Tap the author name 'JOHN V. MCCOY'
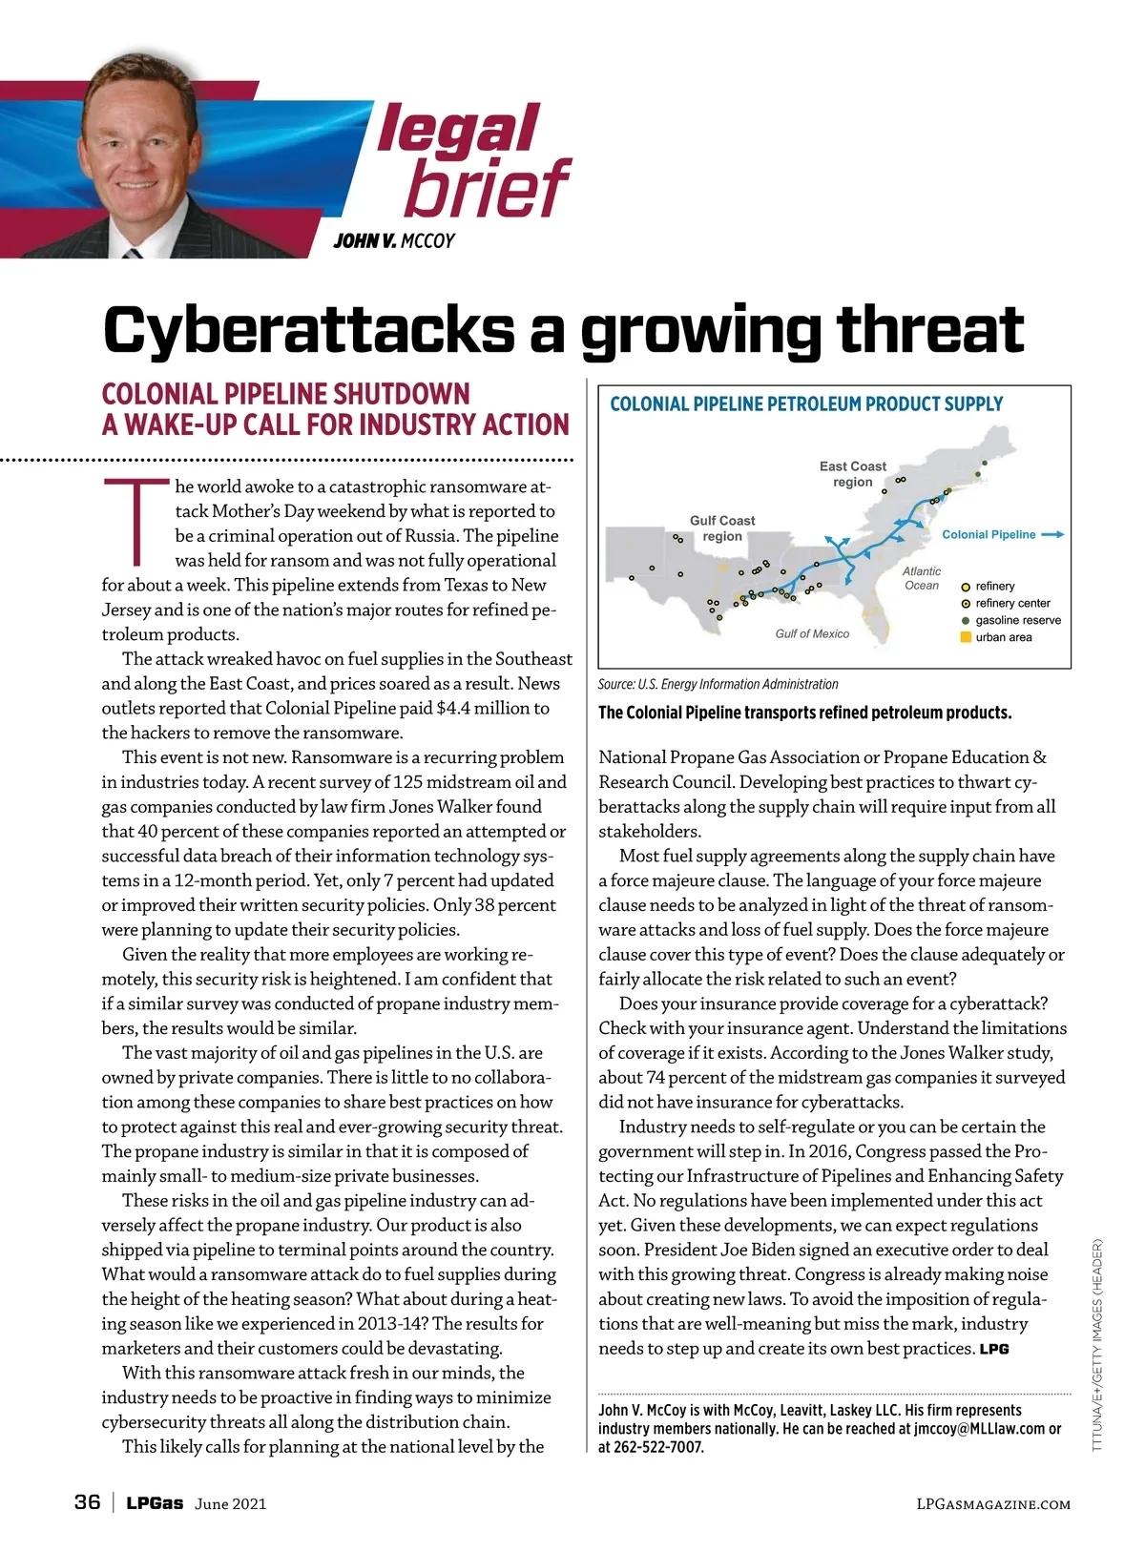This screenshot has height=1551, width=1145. (394, 240)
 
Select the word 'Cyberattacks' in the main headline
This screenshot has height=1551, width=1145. (309, 330)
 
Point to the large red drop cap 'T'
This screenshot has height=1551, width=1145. (136, 520)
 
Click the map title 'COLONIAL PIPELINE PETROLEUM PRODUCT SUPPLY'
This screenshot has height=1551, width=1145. (806, 404)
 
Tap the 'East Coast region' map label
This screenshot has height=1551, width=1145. (852, 474)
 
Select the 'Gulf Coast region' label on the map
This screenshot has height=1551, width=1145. (722, 527)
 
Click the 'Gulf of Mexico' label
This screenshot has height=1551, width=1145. (812, 633)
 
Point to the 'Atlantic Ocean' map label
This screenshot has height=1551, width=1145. (922, 578)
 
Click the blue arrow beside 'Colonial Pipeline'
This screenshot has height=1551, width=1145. (1052, 535)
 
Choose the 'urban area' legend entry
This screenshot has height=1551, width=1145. (1003, 637)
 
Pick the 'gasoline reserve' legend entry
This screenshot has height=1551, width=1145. (1017, 620)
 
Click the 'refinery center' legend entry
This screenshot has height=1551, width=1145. (1011, 603)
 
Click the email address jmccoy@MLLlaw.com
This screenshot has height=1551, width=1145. (979, 1429)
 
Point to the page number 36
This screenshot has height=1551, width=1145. (87, 1502)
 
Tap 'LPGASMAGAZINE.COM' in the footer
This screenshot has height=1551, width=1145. (992, 1504)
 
